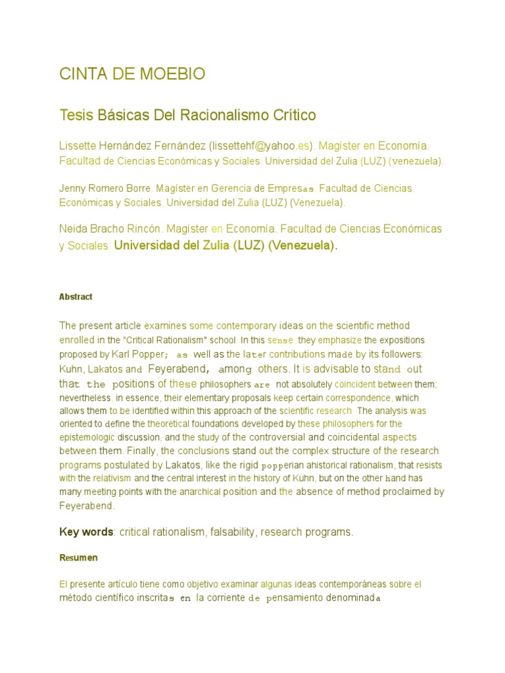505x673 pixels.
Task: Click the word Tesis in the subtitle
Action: tap(75, 116)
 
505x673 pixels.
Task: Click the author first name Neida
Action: tap(73, 229)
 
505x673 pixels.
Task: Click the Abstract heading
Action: tap(76, 297)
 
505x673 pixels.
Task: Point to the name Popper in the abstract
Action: tap(156, 354)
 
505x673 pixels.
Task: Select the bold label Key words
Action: tap(86, 532)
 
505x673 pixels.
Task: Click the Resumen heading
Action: tap(78, 558)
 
